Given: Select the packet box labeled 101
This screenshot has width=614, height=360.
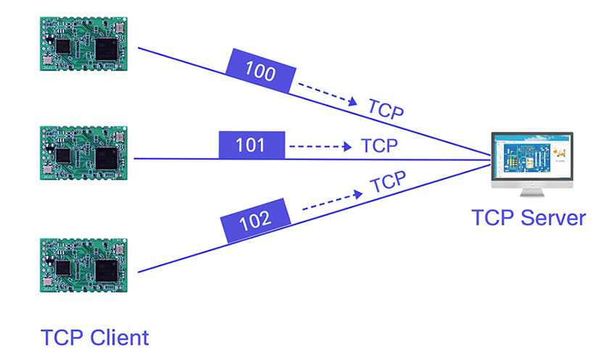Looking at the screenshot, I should (x=251, y=146).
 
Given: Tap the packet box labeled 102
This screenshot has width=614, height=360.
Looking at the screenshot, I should (x=257, y=218).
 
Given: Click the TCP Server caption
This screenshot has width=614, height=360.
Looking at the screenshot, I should (x=528, y=217).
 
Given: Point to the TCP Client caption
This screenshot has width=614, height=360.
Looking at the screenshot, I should (x=94, y=338).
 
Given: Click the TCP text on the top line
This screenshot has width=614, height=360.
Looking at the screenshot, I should (x=386, y=109).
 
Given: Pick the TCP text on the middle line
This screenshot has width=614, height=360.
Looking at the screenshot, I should (x=379, y=146).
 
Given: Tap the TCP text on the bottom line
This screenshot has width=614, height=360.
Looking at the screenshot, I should (x=389, y=182).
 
